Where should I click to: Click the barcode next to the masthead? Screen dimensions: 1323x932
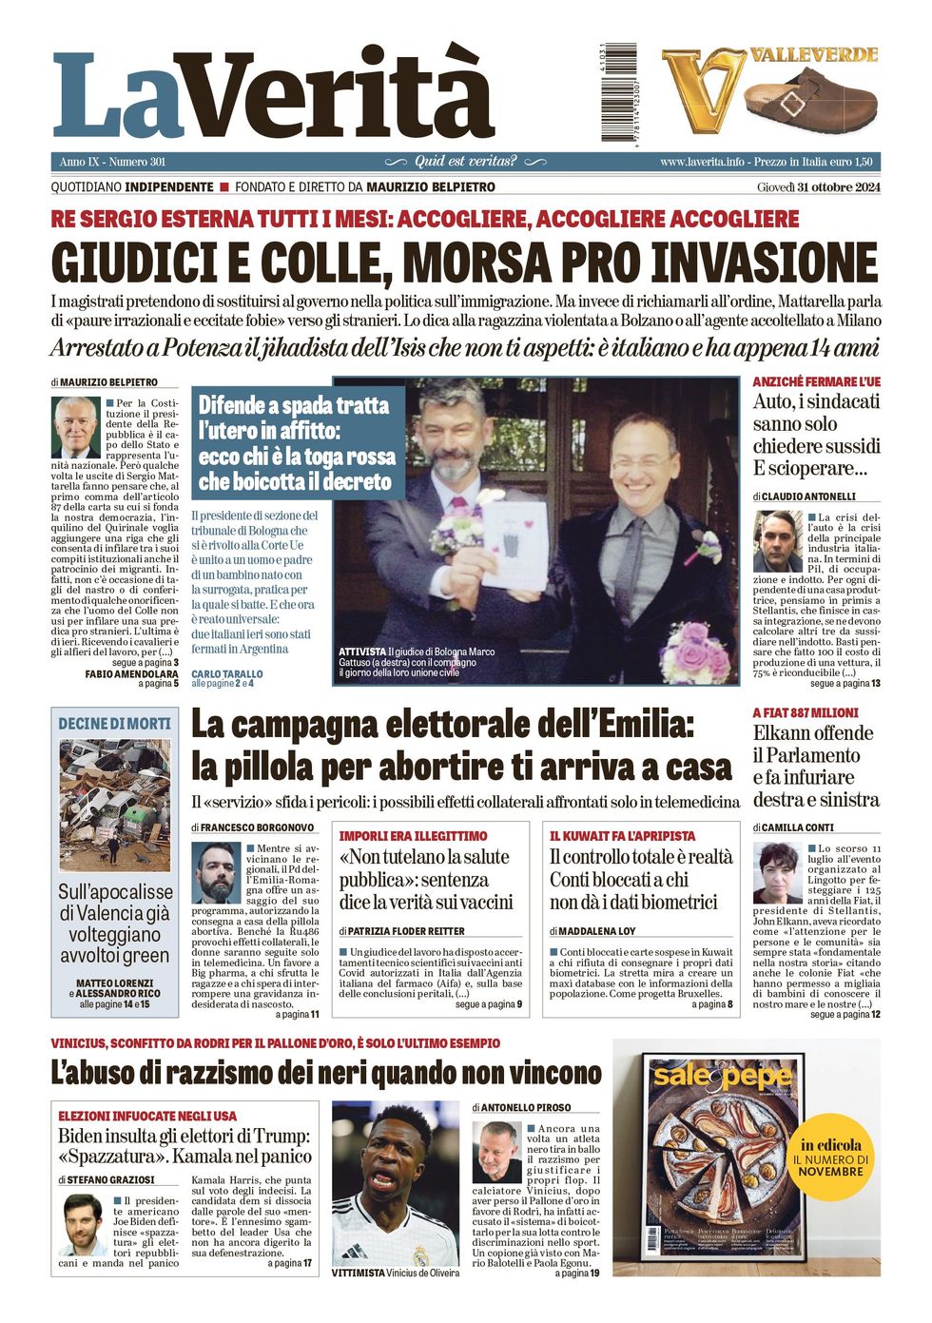[x=618, y=93]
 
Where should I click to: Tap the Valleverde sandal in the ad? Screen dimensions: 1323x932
[x=810, y=99]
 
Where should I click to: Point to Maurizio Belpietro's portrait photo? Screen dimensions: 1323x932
[x=75, y=428]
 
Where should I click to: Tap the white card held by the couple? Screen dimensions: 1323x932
[x=515, y=543]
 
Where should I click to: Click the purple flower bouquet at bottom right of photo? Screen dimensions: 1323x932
[x=695, y=652]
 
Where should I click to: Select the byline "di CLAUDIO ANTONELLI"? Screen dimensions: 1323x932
[x=805, y=496]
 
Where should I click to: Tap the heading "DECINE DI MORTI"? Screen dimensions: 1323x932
[x=115, y=724]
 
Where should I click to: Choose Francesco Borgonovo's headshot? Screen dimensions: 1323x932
[x=216, y=873]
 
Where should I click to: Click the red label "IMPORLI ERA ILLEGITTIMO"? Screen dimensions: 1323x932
[x=413, y=836]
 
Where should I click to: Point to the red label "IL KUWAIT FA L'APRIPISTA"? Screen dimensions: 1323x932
[x=622, y=836]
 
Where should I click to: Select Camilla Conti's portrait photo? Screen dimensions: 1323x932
[x=778, y=873]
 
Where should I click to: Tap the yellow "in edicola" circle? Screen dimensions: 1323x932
[x=830, y=1157]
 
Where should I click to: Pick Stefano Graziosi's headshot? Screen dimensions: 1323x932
[x=83, y=1224]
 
